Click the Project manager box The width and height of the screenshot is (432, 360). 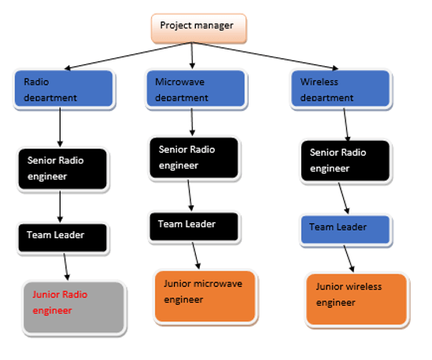[198, 28]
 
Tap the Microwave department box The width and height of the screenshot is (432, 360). [190, 88]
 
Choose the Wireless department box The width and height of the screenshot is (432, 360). [344, 88]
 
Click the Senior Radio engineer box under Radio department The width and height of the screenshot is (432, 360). [61, 168]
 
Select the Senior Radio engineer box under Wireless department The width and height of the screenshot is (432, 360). [344, 160]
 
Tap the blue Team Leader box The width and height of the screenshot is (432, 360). [345, 229]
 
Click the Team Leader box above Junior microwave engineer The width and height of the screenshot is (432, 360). [193, 226]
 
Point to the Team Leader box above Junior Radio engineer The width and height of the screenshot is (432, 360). [62, 236]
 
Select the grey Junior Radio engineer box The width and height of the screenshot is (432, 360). [74, 307]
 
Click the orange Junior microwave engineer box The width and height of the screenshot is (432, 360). [205, 296]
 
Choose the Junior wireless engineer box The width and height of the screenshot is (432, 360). [356, 299]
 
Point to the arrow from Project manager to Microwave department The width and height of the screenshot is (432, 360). [193, 55]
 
